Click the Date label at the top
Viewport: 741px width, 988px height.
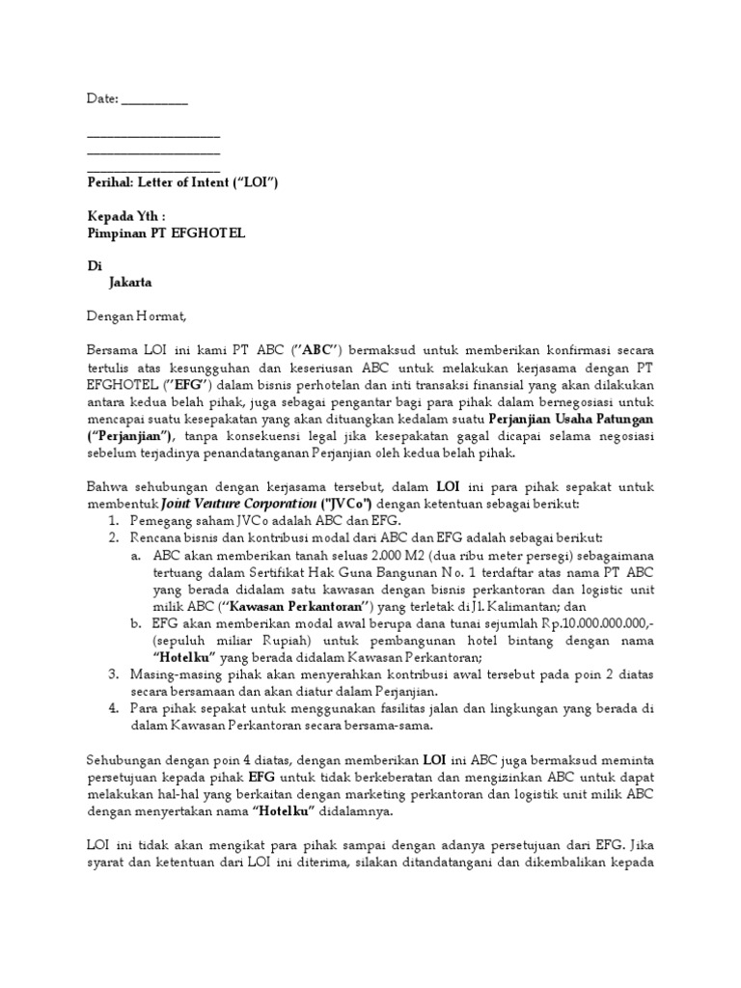(101, 98)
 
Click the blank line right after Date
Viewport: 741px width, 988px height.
(155, 100)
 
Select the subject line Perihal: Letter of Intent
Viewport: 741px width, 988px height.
(183, 181)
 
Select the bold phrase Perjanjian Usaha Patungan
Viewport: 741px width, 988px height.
(571, 419)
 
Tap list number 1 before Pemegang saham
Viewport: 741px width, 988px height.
(114, 521)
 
